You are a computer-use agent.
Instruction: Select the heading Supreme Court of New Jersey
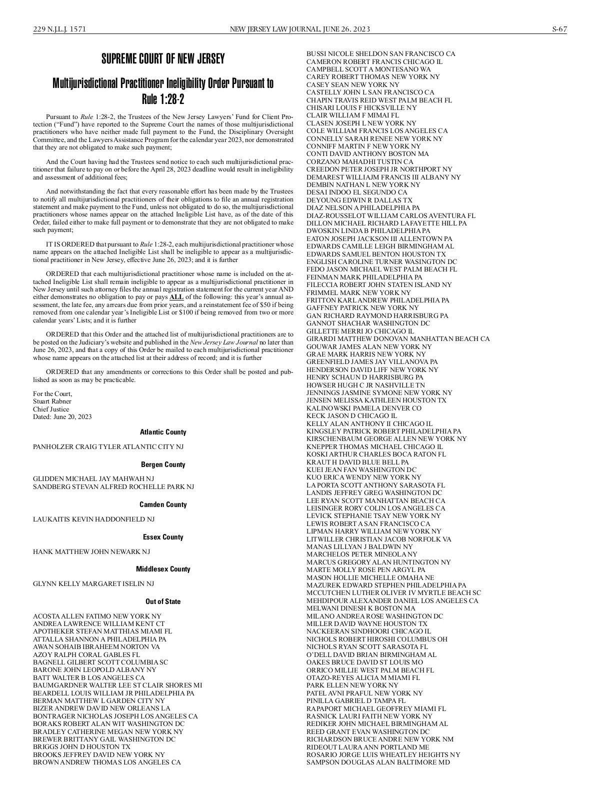point(163,59)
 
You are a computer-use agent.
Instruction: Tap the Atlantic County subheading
point(163,432)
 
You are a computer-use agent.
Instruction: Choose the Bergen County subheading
point(163,464)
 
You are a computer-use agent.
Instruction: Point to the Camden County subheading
point(163,504)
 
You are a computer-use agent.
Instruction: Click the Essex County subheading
point(163,537)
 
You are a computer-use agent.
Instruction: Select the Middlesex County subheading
point(163,569)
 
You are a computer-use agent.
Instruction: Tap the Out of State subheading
point(163,601)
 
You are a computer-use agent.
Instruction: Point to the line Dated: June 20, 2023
point(62,416)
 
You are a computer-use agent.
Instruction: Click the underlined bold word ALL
point(177,297)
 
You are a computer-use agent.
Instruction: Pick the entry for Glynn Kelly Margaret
point(93,583)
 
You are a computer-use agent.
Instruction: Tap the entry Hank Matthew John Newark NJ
point(91,551)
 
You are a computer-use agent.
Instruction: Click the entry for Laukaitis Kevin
point(93,519)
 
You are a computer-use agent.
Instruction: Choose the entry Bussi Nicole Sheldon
point(380,53)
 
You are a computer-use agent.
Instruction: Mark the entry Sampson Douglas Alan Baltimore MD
point(378,762)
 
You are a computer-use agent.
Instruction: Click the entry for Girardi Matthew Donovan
point(398,338)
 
